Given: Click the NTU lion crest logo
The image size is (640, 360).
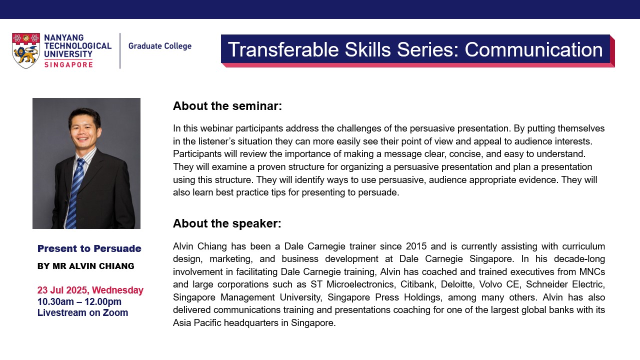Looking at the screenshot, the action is click(25, 50).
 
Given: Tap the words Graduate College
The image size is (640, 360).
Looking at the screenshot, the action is click(159, 46).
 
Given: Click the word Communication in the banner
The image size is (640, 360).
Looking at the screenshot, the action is click(533, 49).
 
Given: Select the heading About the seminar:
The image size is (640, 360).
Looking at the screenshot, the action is click(227, 106).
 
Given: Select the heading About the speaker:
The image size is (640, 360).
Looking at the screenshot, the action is click(227, 223).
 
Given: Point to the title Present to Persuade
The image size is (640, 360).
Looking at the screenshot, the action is click(89, 248).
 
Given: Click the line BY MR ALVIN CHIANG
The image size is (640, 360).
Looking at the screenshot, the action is click(85, 266).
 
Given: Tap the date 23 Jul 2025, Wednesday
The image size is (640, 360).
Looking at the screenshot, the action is click(90, 290).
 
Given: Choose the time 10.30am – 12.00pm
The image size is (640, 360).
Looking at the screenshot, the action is click(79, 301).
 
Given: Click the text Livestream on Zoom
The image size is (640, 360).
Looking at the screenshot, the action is click(82, 312).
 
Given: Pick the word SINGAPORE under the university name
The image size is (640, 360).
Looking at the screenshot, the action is click(68, 65).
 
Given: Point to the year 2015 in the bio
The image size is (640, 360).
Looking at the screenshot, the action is click(416, 246).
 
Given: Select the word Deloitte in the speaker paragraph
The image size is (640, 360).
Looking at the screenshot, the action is click(457, 284).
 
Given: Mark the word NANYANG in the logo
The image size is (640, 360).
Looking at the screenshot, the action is click(64, 37).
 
